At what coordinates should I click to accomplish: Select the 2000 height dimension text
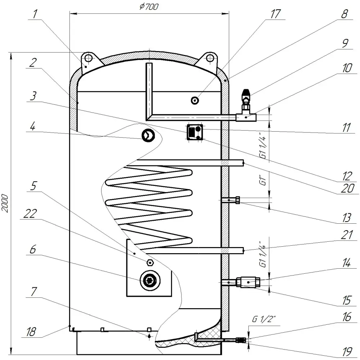pyautogui.click(x=5, y=204)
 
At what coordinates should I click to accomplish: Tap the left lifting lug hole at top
pyautogui.click(x=88, y=58)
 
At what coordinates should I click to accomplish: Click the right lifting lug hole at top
pyautogui.click(x=210, y=58)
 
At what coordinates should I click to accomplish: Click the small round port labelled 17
pyautogui.click(x=195, y=100)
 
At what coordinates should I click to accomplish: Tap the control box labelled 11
pyautogui.click(x=195, y=132)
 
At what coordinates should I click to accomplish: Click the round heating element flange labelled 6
pyautogui.click(x=149, y=281)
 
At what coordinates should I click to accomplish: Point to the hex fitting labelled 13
pyautogui.click(x=238, y=200)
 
